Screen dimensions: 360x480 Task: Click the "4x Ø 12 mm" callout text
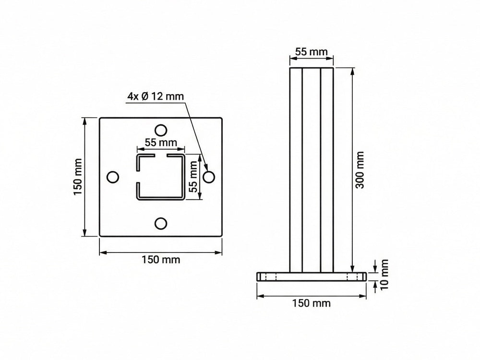coord(156,96)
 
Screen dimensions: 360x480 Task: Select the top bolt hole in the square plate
coord(161,130)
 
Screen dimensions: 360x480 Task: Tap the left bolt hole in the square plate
coord(112,177)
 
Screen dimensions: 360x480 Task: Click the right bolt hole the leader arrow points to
coord(208,177)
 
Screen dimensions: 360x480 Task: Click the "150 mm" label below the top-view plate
coord(161,260)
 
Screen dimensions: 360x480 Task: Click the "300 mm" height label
coord(360,170)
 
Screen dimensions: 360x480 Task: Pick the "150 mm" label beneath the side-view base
coord(312,303)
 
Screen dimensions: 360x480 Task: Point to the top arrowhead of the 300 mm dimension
coord(353,71)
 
